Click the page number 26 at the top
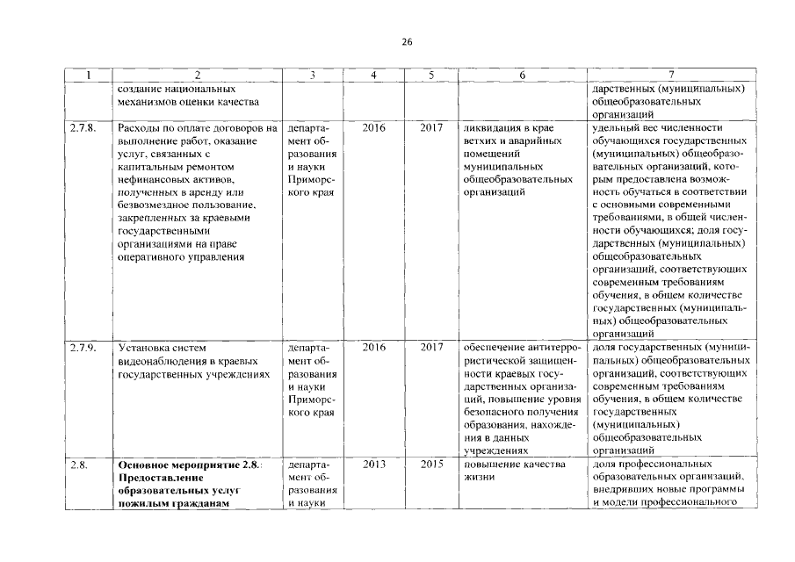point(407,41)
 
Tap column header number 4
point(373,76)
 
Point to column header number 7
point(671,76)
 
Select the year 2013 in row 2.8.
point(373,464)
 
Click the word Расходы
point(141,128)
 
